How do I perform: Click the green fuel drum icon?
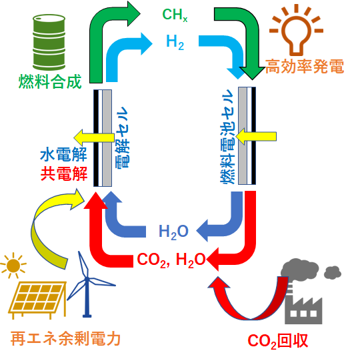(49, 42)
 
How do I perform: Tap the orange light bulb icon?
(296, 30)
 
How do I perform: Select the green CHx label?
(175, 15)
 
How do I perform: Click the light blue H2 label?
(175, 42)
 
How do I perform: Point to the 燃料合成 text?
(50, 81)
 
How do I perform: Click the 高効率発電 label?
(305, 67)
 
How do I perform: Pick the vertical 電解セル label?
(122, 137)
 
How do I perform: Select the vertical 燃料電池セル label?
(227, 136)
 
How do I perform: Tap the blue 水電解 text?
(64, 155)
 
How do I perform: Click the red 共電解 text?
(64, 173)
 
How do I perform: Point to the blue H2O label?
(174, 232)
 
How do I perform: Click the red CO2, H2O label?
(171, 260)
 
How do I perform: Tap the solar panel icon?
(37, 300)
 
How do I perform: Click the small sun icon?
(13, 266)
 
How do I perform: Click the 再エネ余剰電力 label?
(65, 339)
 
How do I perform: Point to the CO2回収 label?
(278, 341)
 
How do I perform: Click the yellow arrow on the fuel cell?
(256, 137)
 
